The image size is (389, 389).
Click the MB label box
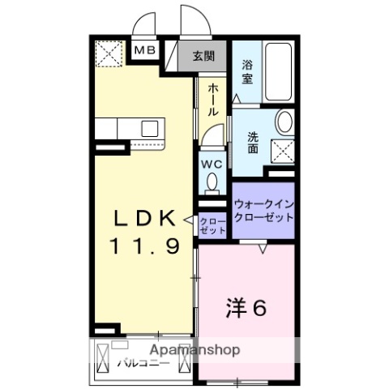(x=147, y=51)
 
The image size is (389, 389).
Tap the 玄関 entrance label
(x=203, y=56)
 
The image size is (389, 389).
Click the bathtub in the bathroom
(x=279, y=72)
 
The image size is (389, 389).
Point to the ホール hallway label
(x=212, y=98)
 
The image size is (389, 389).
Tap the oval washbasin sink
(x=284, y=122)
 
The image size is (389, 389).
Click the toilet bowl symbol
(x=212, y=185)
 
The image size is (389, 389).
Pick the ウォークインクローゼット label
(x=263, y=213)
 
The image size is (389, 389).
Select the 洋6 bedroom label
(x=246, y=309)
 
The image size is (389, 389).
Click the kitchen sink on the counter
(x=151, y=128)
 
